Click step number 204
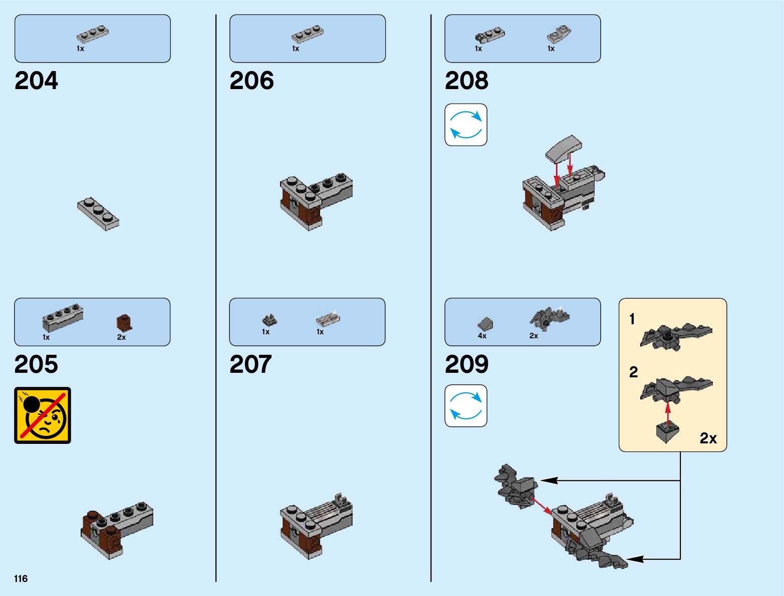click(36, 81)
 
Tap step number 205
click(36, 364)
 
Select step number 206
click(251, 81)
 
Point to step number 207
click(250, 364)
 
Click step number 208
click(466, 81)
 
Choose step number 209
click(466, 364)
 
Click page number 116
click(21, 578)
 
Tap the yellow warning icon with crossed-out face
click(43, 415)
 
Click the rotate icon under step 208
click(466, 125)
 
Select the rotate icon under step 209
click(466, 406)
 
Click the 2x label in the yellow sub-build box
click(708, 438)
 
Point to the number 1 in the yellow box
click(632, 319)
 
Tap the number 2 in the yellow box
click(634, 372)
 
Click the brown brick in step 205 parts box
click(124, 322)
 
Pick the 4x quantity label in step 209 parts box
click(482, 336)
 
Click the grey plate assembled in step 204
click(98, 214)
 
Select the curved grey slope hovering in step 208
click(564, 149)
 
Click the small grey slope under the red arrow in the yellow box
click(667, 431)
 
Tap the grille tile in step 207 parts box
click(328, 319)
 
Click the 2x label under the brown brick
click(121, 337)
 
